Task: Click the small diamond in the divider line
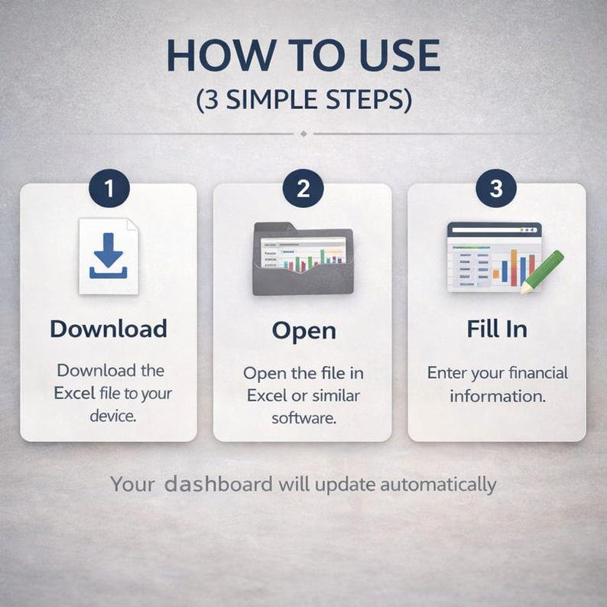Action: [x=303, y=134]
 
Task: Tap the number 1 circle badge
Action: [x=109, y=188]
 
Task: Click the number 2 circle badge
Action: [x=303, y=188]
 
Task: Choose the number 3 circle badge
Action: [x=496, y=188]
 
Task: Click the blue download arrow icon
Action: [x=109, y=255]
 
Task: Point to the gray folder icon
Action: [x=303, y=258]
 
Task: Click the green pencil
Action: [x=542, y=271]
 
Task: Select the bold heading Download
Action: [x=109, y=329]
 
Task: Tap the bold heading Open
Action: [x=304, y=332]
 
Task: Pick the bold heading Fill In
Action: [x=497, y=329]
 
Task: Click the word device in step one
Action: [x=113, y=416]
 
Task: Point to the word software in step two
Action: [x=304, y=418]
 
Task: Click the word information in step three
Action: [x=498, y=396]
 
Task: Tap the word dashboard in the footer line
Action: [x=219, y=484]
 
